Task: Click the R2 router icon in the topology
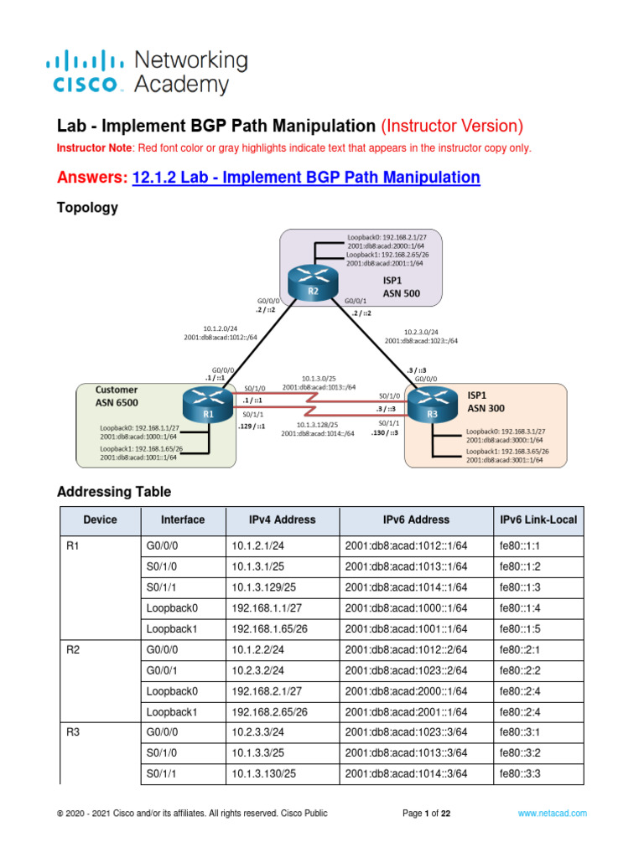click(312, 282)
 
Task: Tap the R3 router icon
click(428, 406)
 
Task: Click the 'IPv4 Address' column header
click(282, 519)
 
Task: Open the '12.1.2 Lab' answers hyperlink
click(307, 177)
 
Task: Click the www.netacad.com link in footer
click(552, 813)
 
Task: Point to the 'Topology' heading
click(86, 208)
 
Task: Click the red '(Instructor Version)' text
click(452, 126)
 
